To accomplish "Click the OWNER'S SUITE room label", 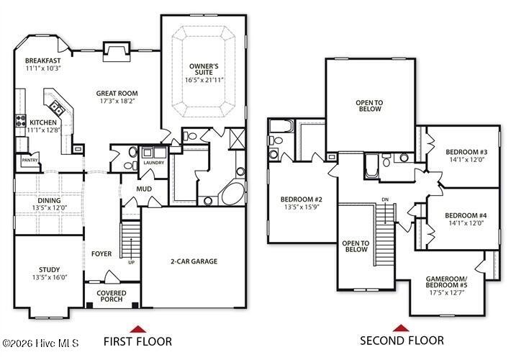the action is pos(204,69).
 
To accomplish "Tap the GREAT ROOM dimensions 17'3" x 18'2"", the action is pos(117,101).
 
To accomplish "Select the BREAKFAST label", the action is pos(42,60).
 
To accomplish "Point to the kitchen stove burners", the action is pos(21,120).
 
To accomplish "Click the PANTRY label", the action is pos(30,161).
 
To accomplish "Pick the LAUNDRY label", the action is pos(154,163).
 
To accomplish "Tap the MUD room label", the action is pos(144,189).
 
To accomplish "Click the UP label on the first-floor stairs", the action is pos(131,262).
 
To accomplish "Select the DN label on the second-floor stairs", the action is pos(385,199).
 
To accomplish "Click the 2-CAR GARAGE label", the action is pos(194,261).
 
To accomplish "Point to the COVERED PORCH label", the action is pos(112,296).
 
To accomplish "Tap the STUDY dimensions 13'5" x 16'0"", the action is pos(50,277).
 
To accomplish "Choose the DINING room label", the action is pos(49,200).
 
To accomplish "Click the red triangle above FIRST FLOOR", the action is pos(138,329).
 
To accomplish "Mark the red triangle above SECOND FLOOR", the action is pos(401,328).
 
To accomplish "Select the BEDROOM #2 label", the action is pos(301,199).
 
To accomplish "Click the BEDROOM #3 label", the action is pos(466,152).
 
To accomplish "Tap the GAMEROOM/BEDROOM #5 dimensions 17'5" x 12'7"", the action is pos(447,292).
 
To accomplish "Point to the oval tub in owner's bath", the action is pos(233,194).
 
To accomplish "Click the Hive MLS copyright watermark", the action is pos(40,343).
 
